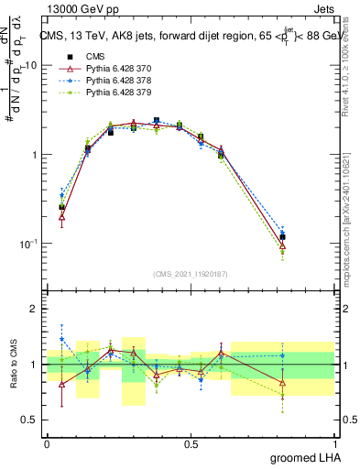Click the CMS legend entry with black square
click(x=83, y=57)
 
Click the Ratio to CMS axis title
click(x=14, y=365)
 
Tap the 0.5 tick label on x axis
click(x=191, y=443)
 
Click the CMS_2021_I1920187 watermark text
click(x=191, y=273)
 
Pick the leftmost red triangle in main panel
click(x=61, y=217)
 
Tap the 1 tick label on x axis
click(x=334, y=443)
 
